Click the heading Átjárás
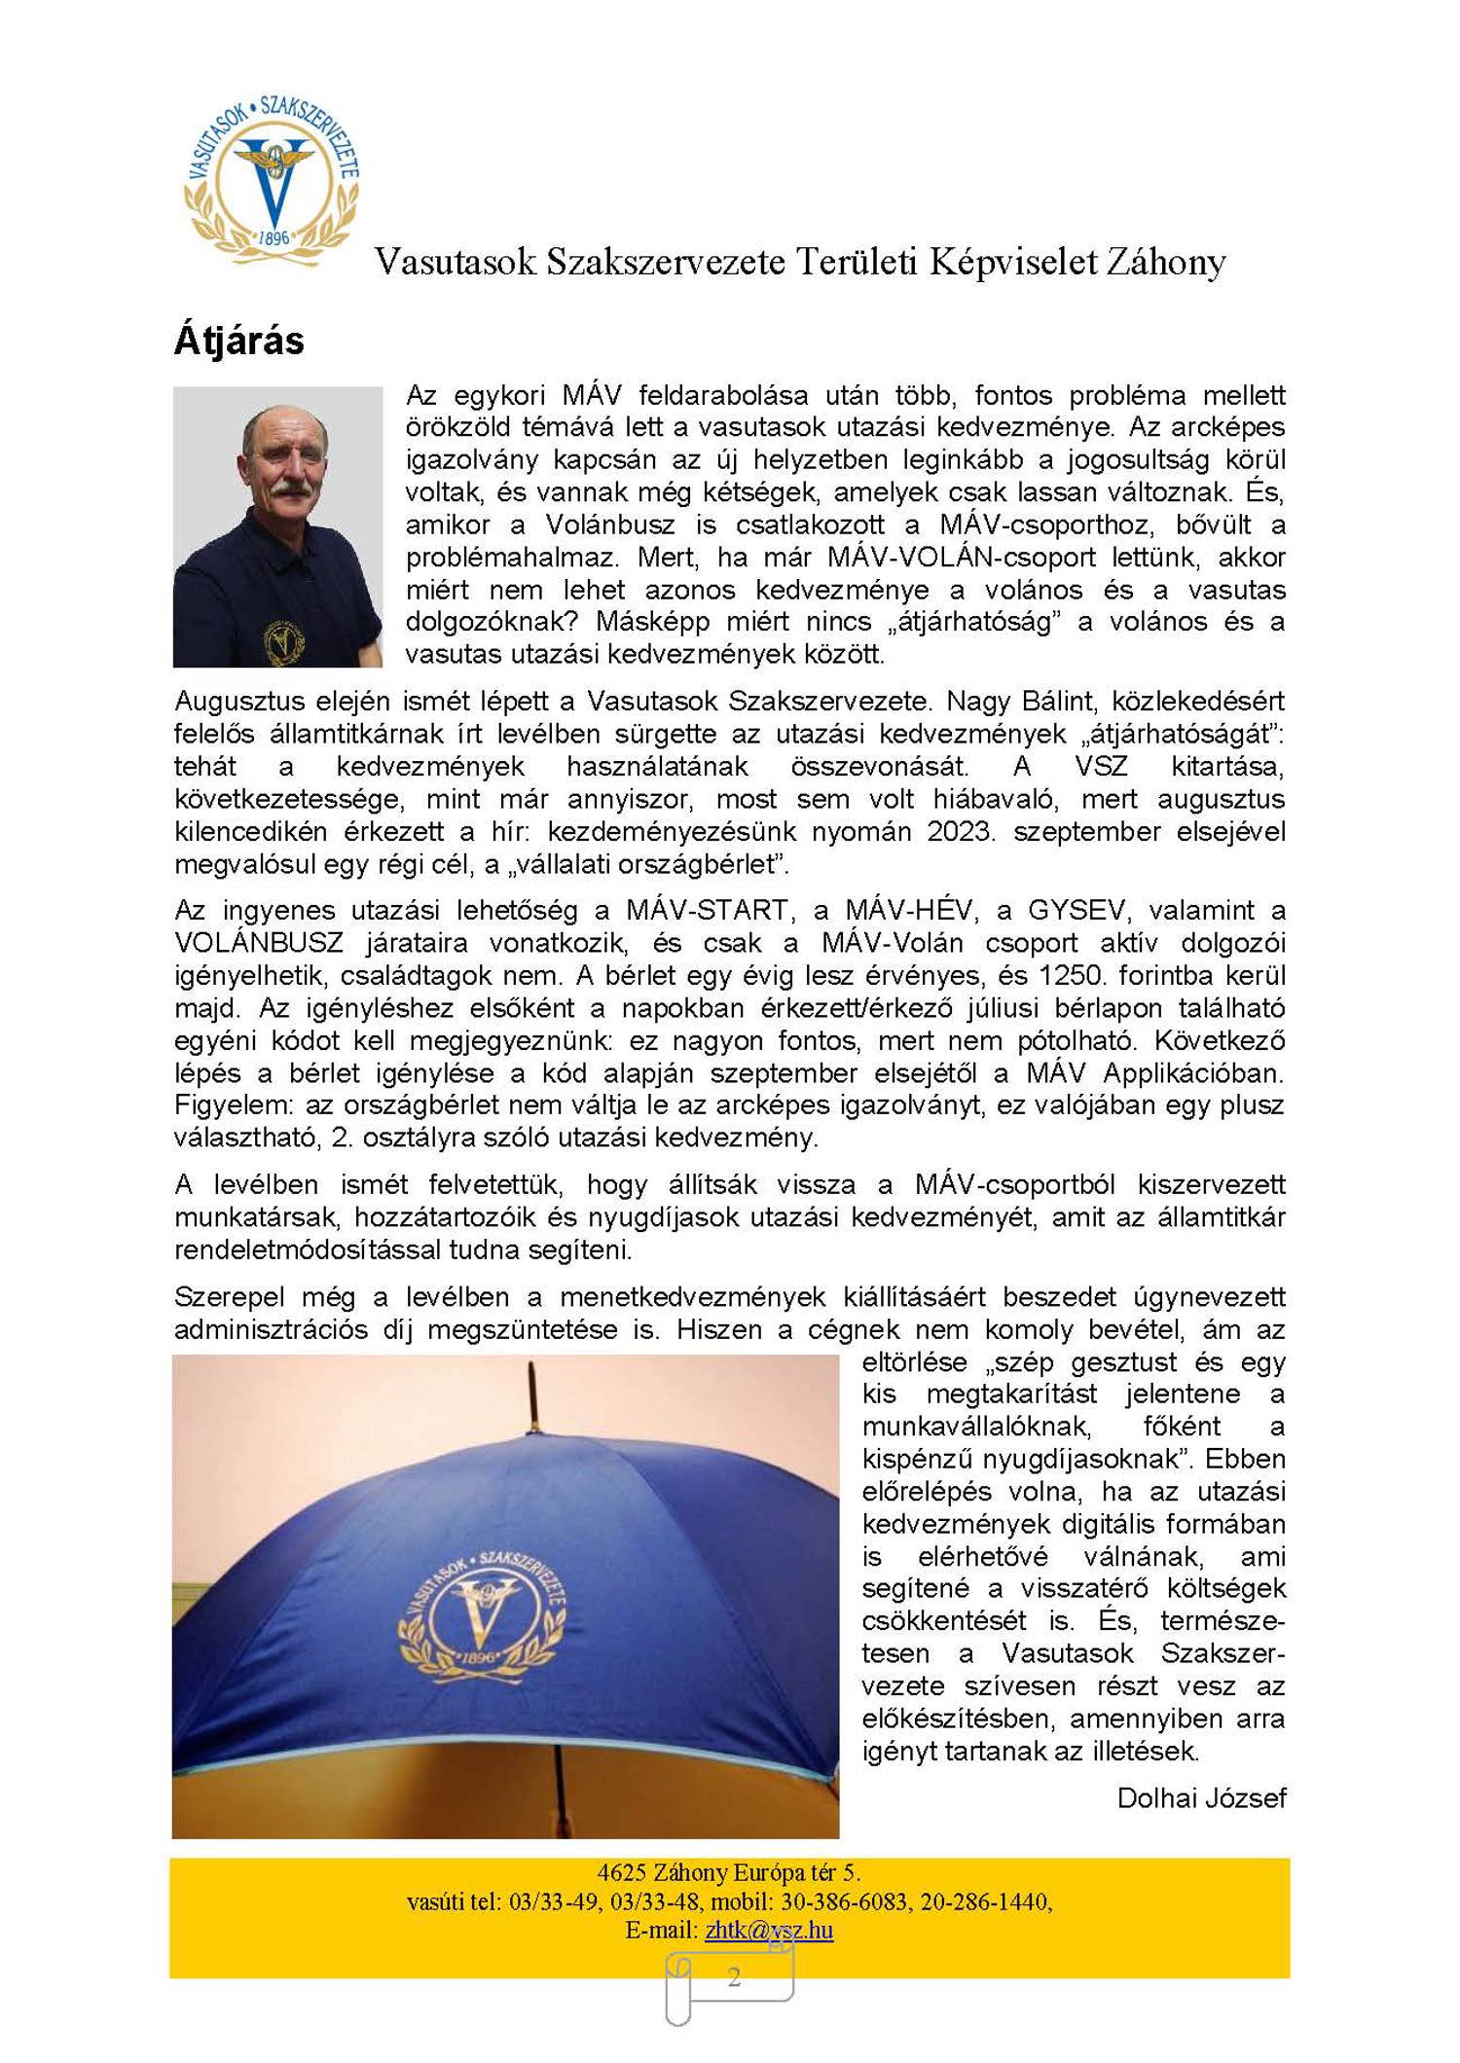click(x=238, y=341)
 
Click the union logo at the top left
click(x=272, y=178)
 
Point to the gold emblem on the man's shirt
click(x=282, y=640)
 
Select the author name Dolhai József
click(x=1201, y=1797)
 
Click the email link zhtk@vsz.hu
click(x=769, y=1930)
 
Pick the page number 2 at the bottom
click(x=733, y=1976)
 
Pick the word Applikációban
click(x=1193, y=1072)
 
